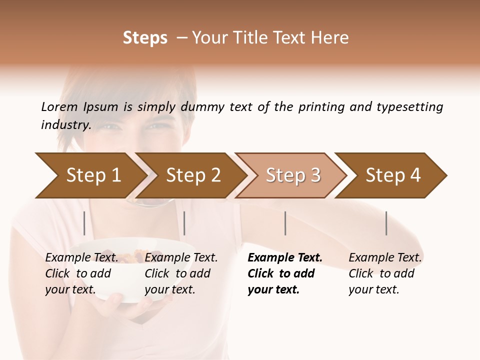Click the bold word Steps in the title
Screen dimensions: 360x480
coord(145,38)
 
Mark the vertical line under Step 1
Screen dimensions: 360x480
coord(84,223)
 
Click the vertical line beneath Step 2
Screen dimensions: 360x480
coord(184,223)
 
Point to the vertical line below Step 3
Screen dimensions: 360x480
coord(285,223)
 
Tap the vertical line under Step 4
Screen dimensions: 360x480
coord(386,223)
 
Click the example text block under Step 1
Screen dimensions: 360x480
coord(81,273)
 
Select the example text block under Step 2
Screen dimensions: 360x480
coord(181,273)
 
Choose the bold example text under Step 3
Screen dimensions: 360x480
coord(285,273)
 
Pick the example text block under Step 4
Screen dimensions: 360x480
coord(385,273)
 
